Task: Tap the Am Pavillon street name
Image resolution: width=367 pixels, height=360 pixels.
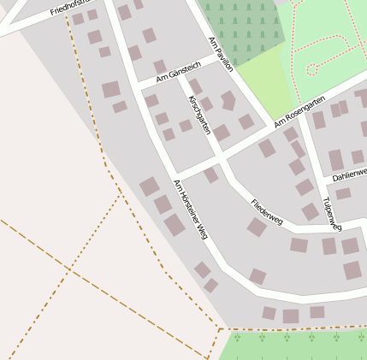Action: pyautogui.click(x=221, y=54)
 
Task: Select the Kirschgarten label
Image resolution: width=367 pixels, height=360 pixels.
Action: pyautogui.click(x=199, y=115)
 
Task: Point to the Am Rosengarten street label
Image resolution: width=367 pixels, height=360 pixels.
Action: pyautogui.click(x=299, y=113)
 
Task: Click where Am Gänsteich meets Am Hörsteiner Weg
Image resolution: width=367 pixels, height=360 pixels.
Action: pyautogui.click(x=137, y=86)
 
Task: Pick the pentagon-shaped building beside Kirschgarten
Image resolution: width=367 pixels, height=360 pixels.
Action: pyautogui.click(x=228, y=100)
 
